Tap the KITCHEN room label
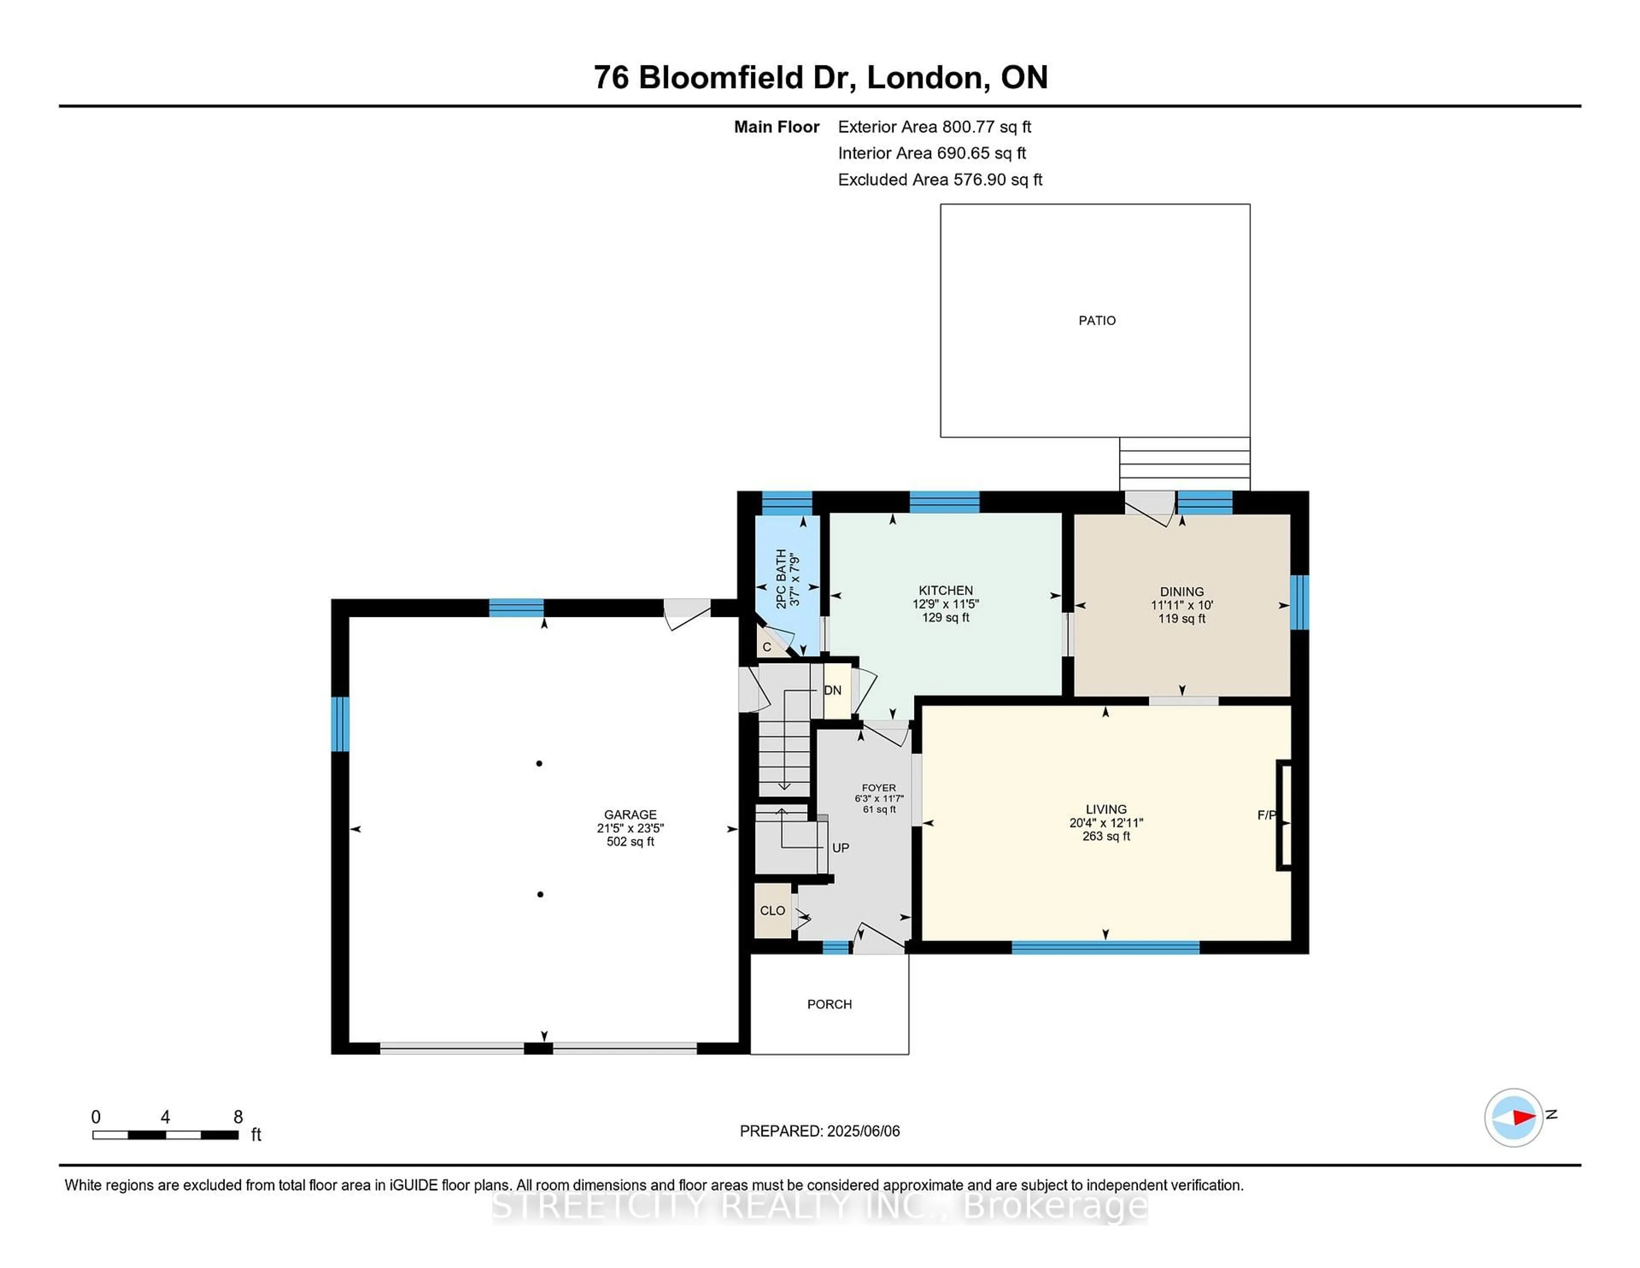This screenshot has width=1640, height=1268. (x=946, y=590)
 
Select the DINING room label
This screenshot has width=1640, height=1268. (x=1181, y=592)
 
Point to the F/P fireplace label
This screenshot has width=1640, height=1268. (x=1266, y=815)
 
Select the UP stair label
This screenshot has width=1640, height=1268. (x=840, y=848)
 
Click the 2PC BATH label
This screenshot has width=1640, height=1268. (x=781, y=578)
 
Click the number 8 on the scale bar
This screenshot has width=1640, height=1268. (x=238, y=1117)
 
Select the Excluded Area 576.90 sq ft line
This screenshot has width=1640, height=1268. (x=940, y=179)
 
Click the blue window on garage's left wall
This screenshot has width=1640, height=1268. (x=340, y=724)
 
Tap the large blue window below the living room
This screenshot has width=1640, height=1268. (x=1105, y=948)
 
